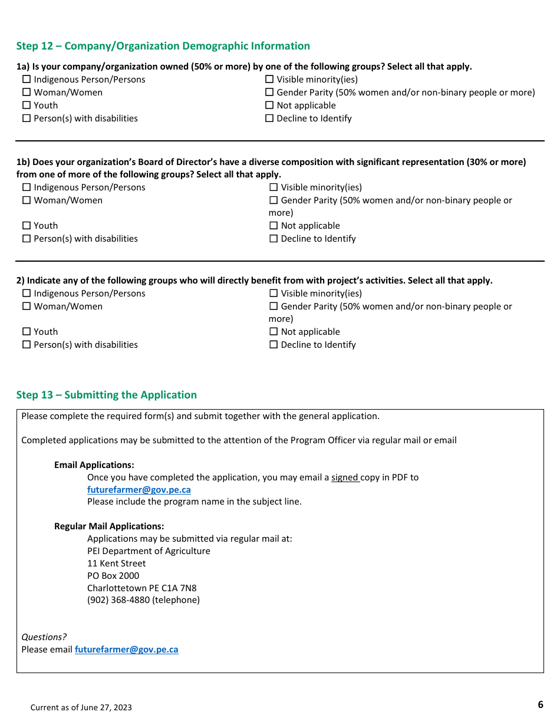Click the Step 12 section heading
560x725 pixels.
[x=163, y=46]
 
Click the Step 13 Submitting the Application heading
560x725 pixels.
[x=106, y=395]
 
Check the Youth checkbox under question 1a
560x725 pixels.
[x=27, y=106]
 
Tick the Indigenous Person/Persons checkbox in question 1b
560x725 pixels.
[x=27, y=187]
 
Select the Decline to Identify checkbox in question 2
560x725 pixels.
[x=274, y=345]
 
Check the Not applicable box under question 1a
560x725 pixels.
[x=269, y=106]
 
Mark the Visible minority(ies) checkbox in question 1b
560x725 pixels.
[x=274, y=187]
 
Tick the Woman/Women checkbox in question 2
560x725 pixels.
[x=27, y=307]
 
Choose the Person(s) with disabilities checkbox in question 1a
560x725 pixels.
[x=27, y=118]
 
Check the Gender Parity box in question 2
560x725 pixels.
[x=274, y=307]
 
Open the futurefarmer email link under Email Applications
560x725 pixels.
[x=139, y=490]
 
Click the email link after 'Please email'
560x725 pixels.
[x=126, y=650]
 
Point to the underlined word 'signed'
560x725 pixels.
[x=344, y=477]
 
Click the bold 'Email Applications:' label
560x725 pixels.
[x=94, y=465]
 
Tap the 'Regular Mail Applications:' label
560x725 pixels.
[x=109, y=526]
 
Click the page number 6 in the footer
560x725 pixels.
[x=540, y=705]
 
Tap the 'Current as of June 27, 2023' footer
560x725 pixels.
[x=81, y=707]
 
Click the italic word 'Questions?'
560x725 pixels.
[x=44, y=637]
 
